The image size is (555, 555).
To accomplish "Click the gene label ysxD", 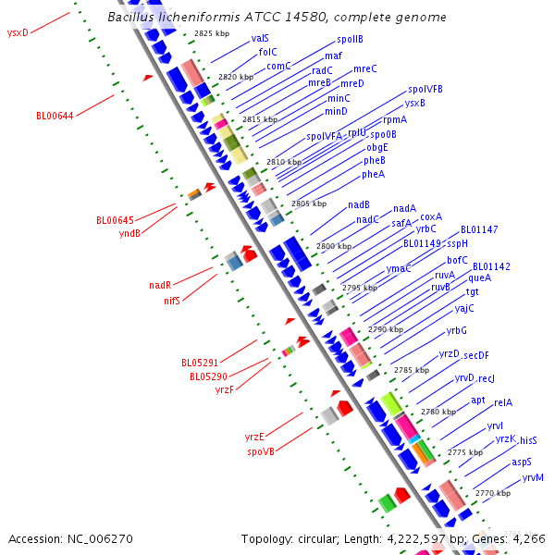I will [18, 32].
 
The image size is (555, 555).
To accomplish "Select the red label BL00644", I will [55, 116].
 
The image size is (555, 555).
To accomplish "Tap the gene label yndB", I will [130, 233].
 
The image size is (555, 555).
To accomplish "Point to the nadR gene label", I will [160, 286].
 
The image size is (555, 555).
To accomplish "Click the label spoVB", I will [261, 451].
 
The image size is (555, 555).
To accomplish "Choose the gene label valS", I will [260, 38].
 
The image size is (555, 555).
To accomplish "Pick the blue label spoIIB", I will [350, 40].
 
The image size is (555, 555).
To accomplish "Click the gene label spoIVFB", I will [425, 89].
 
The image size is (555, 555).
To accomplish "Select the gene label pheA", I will [373, 174].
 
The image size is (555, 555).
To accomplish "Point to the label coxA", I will [431, 216].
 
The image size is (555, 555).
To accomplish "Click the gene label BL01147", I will [479, 229].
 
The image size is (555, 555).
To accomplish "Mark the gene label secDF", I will [476, 355].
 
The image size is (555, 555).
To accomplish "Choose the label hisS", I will [528, 440].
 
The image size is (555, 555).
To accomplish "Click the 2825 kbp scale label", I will [204, 33].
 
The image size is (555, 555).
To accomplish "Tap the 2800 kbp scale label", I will [334, 246].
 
